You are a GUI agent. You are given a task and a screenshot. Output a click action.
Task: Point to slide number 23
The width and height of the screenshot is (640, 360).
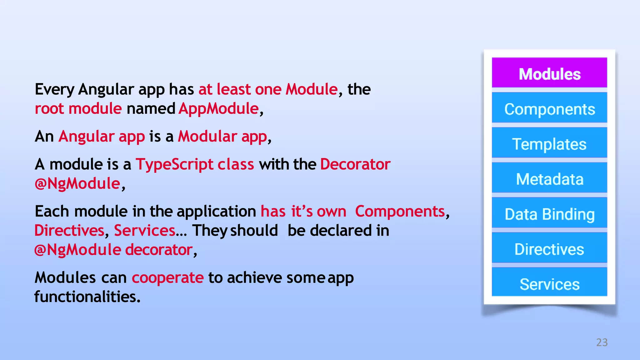[602, 342]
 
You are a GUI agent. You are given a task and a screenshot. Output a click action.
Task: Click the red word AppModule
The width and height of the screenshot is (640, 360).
[219, 109]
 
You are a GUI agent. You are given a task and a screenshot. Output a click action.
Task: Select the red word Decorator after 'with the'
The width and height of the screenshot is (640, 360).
[355, 164]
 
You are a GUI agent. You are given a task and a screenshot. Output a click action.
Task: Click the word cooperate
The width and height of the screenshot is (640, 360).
[167, 278]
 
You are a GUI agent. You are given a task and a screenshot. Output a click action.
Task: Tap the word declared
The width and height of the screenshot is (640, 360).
[341, 231]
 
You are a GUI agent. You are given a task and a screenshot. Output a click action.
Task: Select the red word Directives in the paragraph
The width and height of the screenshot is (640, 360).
[69, 231]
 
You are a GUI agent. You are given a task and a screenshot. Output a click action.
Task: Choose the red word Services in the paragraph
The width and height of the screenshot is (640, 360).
[144, 231]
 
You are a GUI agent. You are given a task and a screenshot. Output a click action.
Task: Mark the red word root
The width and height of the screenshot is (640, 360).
[49, 109]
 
